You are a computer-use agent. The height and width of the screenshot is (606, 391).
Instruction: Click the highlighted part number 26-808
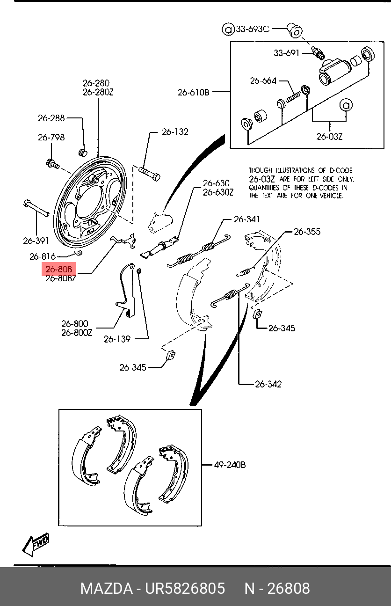pos(59,270)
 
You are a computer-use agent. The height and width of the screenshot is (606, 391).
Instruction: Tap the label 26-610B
pos(193,92)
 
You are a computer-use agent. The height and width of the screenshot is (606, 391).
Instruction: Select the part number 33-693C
pos(252,29)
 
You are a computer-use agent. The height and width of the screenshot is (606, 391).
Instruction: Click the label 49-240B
pos(230,465)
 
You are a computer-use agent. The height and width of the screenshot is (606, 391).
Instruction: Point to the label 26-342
pos(268,384)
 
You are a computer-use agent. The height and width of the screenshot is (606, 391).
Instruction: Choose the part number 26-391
pos(36,241)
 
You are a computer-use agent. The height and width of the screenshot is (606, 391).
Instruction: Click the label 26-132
pos(175,131)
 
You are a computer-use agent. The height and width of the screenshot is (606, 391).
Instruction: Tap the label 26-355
pos(307,231)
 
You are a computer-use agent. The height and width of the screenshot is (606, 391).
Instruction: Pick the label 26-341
pos(247,219)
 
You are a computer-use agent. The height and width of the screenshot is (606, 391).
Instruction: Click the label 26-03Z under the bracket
pos(329,136)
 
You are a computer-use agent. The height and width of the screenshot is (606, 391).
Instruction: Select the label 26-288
pos(51,118)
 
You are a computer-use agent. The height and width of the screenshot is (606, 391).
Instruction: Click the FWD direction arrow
pos(36,544)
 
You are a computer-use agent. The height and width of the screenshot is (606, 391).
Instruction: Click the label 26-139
pos(117,339)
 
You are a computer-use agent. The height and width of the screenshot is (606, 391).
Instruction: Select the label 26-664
pos(263,80)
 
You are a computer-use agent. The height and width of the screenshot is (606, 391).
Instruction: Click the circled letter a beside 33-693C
pos(228,29)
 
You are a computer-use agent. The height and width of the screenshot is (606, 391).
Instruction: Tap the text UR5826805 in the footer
pos(185,588)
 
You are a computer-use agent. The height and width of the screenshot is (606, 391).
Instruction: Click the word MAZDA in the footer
pos(106,588)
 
